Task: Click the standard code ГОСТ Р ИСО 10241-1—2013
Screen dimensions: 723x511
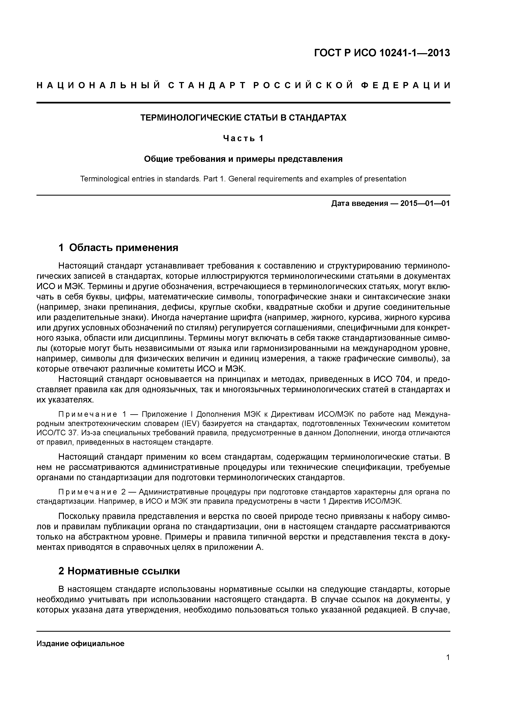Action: coord(382,53)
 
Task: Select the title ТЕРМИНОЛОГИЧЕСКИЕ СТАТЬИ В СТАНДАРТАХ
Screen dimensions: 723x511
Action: coord(243,117)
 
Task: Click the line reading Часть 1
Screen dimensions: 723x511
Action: coord(243,138)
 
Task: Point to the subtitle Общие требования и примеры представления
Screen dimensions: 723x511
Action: coord(243,159)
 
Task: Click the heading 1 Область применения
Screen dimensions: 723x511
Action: coord(118,248)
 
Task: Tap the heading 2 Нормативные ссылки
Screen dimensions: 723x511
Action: coord(119,571)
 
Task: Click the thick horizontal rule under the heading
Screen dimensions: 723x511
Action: coord(243,103)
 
